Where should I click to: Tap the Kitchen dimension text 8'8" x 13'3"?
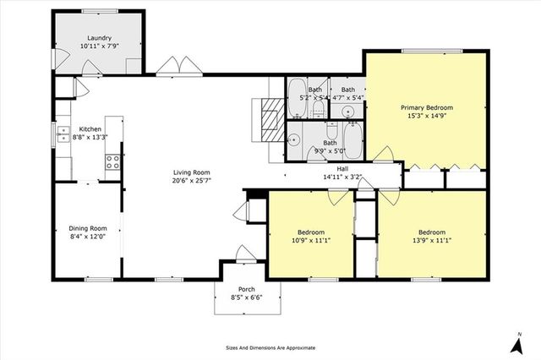point(86,136)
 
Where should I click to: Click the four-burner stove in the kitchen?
point(111,161)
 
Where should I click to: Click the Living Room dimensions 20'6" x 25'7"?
point(192,180)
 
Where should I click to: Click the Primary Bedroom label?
point(427,107)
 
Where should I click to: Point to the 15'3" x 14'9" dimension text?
point(427,117)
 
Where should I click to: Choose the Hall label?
point(342,168)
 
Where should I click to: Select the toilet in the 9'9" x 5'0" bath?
point(332,131)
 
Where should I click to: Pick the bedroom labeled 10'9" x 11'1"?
point(310,237)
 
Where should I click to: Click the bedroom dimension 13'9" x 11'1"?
point(431,241)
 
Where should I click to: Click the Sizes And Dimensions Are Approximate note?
point(270,347)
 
